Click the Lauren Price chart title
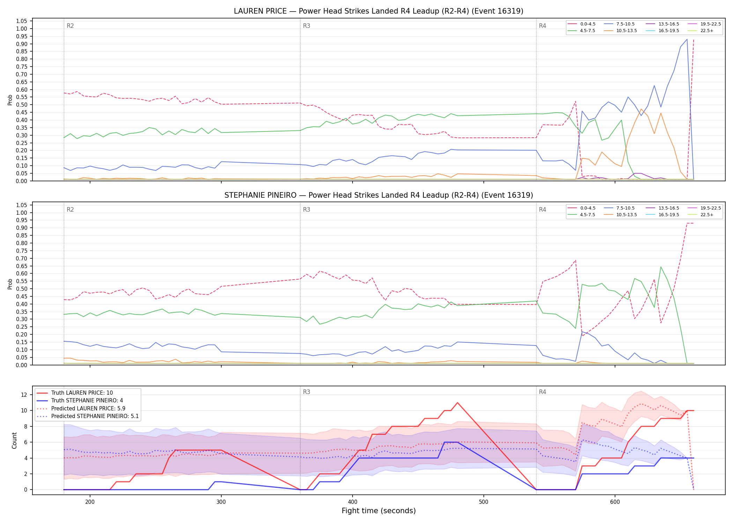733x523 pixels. pos(378,11)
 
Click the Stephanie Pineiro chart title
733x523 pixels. pos(378,195)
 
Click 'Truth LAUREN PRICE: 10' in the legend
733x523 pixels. pos(82,393)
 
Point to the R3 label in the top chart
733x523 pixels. pos(306,26)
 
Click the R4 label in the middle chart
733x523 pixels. pos(542,210)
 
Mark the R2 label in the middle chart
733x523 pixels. pos(70,210)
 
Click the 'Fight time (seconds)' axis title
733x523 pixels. pos(379,511)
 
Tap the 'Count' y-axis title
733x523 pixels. pos(14,440)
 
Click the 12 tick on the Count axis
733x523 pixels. pos(24,395)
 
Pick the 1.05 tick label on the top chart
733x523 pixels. pos(22,21)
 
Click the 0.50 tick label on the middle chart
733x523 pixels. pos(22,289)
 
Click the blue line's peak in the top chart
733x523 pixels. pos(687,39)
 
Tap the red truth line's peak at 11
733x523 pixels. pos(457,403)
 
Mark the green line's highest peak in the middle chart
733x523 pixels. pos(661,267)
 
